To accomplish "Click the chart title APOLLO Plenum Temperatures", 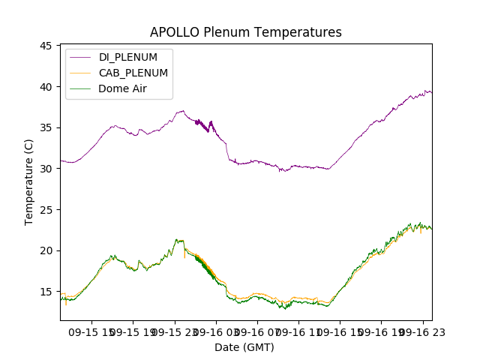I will point(245,32).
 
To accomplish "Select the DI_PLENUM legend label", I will point(128,57).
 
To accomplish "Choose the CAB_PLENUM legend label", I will point(133,73).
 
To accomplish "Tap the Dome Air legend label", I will point(123,88).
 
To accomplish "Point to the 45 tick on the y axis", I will point(45,46).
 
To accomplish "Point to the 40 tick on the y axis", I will point(45,87).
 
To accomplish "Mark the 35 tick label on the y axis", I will point(45,127).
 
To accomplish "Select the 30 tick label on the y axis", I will point(45,169).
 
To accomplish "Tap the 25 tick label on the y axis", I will point(45,209).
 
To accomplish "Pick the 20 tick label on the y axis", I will point(45,250).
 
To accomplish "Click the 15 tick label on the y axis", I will point(45,291).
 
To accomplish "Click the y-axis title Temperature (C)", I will point(28,181).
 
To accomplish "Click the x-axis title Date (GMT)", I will point(244,347).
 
